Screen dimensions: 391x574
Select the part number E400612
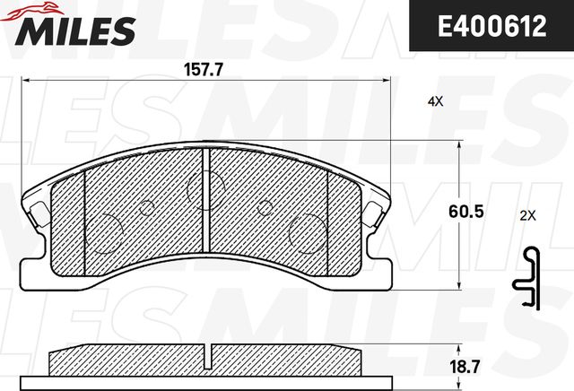coord(491,27)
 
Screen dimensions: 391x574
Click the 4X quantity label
coord(435,103)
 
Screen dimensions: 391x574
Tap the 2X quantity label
coord(527,215)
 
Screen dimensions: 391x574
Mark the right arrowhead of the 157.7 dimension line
coord(391,81)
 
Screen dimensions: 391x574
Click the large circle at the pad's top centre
coord(204,187)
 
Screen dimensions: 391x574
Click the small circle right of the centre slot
coord(265,208)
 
